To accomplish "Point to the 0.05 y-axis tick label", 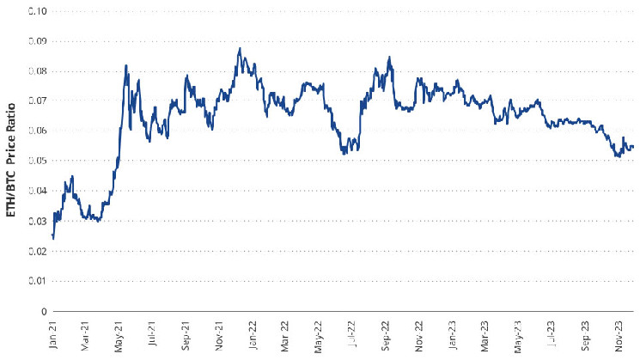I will pyautogui.click(x=37, y=161).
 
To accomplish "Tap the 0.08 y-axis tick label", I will pyautogui.click(x=37, y=71).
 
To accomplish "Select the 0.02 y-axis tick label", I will pyautogui.click(x=37, y=251).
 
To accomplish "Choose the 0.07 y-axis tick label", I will pyautogui.click(x=37, y=101).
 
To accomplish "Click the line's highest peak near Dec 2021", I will pyautogui.click(x=239, y=48).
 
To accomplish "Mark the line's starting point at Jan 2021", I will pyautogui.click(x=52, y=236).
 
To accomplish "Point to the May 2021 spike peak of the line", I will pyautogui.click(x=126, y=65).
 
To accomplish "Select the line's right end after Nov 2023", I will pyautogui.click(x=633, y=147).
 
